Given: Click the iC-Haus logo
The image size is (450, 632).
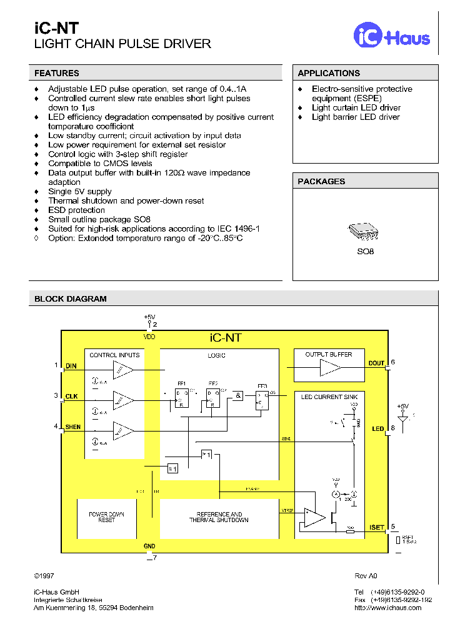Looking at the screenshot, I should pyautogui.click(x=392, y=36).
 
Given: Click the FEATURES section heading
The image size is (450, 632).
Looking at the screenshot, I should pyautogui.click(x=57, y=73).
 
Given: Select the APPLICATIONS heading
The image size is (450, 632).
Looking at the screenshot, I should pyautogui.click(x=329, y=73).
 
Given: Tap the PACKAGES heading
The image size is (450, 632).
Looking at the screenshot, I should pyautogui.click(x=321, y=181).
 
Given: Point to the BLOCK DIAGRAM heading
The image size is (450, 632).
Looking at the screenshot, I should pyautogui.click(x=71, y=299).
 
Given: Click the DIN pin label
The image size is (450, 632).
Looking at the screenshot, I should pyautogui.click(x=71, y=367).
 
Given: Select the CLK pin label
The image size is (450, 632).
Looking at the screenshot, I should pyautogui.click(x=72, y=397).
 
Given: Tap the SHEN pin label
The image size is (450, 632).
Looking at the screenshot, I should pyautogui.click(x=73, y=427).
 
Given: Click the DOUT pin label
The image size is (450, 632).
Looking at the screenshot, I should pyautogui.click(x=376, y=363).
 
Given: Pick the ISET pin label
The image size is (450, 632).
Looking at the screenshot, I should pyautogui.click(x=376, y=527).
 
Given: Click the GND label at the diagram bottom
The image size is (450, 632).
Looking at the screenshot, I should pyautogui.click(x=149, y=546).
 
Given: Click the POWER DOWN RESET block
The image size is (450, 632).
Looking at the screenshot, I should pyautogui.click(x=107, y=518).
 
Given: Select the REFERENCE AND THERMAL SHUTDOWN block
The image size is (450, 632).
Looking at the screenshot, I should pyautogui.click(x=219, y=518).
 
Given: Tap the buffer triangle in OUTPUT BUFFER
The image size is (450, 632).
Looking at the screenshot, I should pyautogui.click(x=330, y=368).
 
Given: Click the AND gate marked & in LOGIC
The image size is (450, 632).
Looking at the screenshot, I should pyautogui.click(x=239, y=395).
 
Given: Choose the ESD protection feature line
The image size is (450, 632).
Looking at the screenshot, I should pyautogui.click(x=77, y=210).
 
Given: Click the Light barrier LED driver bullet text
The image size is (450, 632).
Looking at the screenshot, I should pyautogui.click(x=356, y=117).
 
